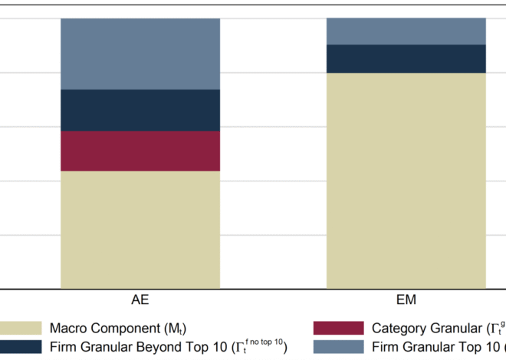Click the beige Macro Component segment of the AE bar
click(x=140, y=230)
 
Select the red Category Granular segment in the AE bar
click(x=140, y=151)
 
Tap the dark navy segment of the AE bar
click(x=140, y=110)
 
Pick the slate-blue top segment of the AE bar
click(x=140, y=54)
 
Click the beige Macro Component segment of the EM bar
click(x=406, y=181)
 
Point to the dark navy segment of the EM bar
click(x=406, y=58)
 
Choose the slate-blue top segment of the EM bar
click(x=406, y=31)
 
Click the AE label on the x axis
click(x=140, y=299)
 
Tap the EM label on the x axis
click(x=406, y=299)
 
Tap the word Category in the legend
click(x=399, y=329)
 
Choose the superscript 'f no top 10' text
click(x=264, y=341)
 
